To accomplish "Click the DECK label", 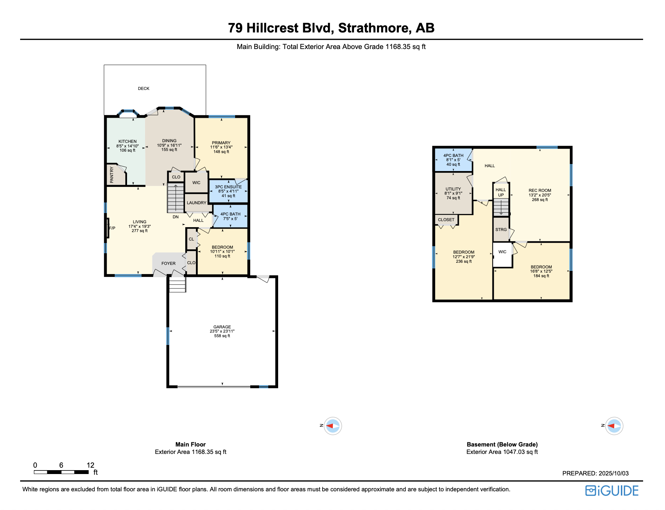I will pos(143,89).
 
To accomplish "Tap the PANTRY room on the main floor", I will pos(112,175).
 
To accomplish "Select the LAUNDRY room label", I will pos(196,203).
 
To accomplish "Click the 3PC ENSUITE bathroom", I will pos(228,191).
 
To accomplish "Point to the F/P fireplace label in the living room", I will pos(112,228).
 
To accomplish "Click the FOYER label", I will pos(168,263).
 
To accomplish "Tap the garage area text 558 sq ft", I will pos(222,336).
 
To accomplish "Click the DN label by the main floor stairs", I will pos(175,217).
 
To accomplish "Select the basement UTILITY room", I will pos(453,193).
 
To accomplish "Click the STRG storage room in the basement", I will pos(501,230).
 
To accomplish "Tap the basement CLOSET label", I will pos(446,220).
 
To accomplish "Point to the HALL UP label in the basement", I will pos(501,192).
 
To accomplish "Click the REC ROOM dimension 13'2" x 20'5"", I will pos(540,195).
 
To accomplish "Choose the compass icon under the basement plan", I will pos(614,426).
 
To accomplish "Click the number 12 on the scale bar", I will pos(90,465).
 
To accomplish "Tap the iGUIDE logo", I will pos(612,491).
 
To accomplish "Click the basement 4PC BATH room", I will pos(453,160).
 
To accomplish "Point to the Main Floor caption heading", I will pos(190,444).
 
